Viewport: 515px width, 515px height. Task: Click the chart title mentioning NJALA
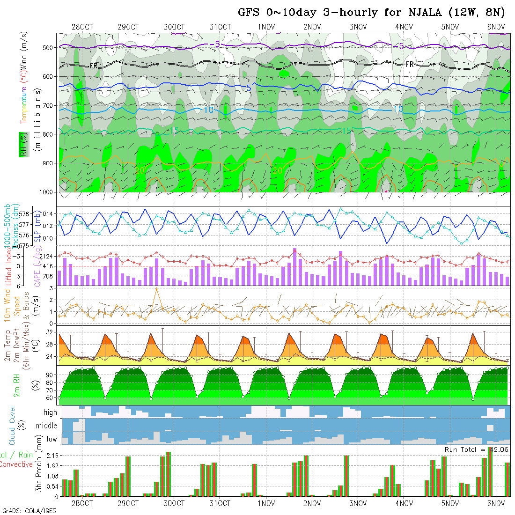coord(371,13)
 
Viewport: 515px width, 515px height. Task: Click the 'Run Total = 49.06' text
coord(476,449)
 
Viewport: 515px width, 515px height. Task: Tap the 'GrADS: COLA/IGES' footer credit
coord(29,511)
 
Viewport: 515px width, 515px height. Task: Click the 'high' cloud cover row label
coord(50,412)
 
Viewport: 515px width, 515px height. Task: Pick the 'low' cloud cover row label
coord(51,439)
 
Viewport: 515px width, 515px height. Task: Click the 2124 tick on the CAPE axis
coord(48,257)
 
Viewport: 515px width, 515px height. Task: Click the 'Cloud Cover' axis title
coord(12,425)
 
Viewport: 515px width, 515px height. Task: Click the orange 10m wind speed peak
coord(156,288)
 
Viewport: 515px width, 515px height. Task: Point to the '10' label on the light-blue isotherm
coord(209,110)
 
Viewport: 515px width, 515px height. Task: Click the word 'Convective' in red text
coord(16,464)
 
